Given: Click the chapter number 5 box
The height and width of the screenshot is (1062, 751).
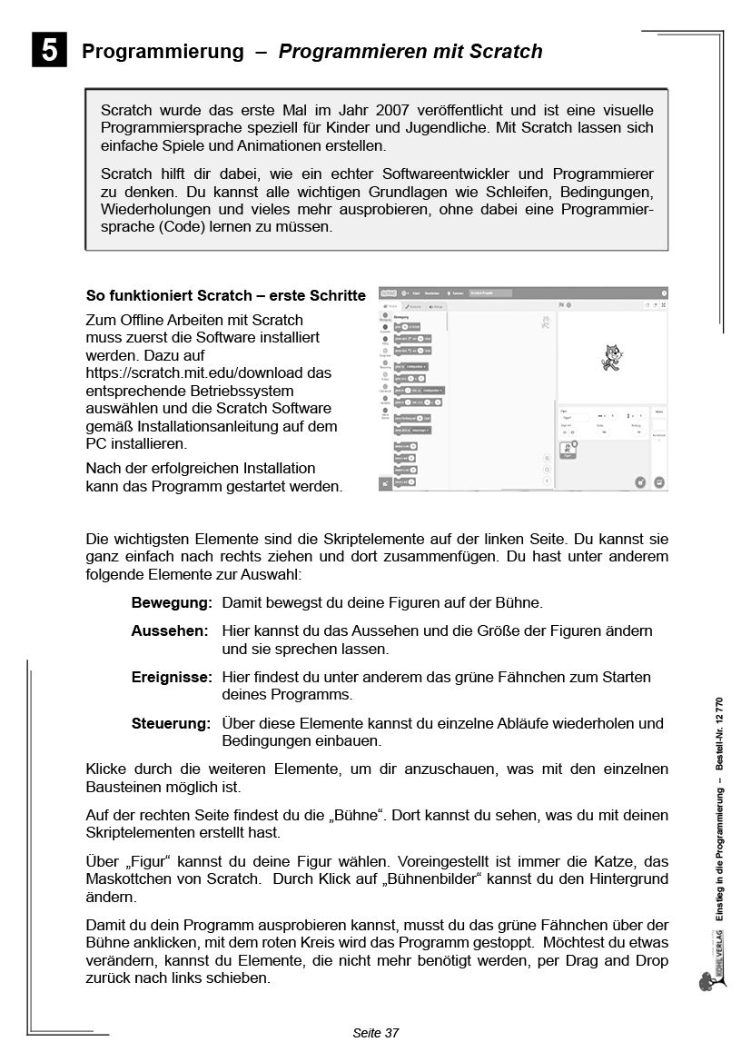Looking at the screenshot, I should [49, 51].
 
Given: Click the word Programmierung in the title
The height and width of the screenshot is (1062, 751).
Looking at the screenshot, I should [163, 52].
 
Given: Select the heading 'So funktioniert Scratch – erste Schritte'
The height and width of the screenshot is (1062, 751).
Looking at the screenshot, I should [225, 295].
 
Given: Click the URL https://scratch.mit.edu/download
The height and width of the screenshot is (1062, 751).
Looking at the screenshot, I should [208, 372].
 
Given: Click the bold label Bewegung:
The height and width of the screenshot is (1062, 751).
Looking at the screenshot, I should [172, 603].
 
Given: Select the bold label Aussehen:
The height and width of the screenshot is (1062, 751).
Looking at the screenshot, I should [170, 630].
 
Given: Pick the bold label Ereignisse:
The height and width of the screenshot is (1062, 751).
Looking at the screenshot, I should [172, 678].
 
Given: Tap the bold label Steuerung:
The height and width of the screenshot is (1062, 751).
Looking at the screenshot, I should [171, 724].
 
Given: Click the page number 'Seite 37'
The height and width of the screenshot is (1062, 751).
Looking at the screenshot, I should [375, 1033].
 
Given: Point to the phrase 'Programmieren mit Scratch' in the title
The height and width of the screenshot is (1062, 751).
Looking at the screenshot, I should [410, 52].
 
